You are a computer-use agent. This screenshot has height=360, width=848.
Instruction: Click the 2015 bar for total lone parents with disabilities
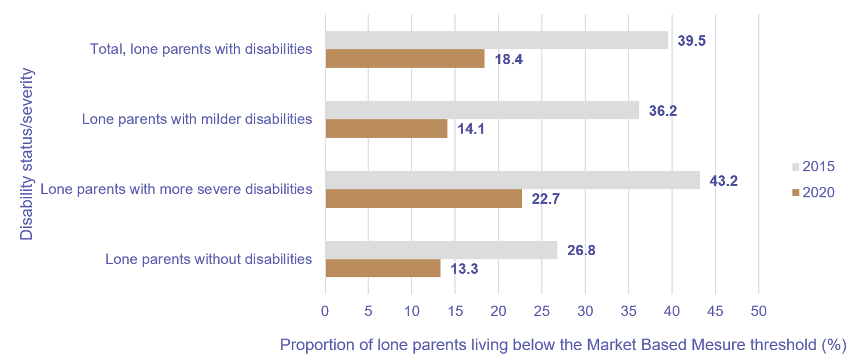coord(496,41)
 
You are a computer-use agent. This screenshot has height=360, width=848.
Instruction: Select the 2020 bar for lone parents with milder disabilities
coord(386,128)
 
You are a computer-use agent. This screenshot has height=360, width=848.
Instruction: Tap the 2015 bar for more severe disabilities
coord(512,180)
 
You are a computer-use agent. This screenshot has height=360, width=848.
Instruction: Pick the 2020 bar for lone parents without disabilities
coord(383,269)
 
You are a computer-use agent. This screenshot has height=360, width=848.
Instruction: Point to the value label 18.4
coord(509,59)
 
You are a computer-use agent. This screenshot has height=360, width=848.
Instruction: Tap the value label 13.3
coord(465,269)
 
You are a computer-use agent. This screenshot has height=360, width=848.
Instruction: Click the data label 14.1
coord(471,129)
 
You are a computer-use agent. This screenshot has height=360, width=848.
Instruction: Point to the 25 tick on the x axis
coord(541,311)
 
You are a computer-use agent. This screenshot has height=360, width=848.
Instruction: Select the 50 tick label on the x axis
coord(758,311)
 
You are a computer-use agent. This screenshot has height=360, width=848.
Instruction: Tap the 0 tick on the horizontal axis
coord(325,311)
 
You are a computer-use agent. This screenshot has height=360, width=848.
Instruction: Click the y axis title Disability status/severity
coord(27,155)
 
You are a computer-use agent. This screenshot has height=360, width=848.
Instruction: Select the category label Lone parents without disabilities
coord(208,259)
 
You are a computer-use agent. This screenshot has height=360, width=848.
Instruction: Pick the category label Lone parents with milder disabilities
coord(197,119)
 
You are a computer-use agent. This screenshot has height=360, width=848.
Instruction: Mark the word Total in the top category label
coord(107,49)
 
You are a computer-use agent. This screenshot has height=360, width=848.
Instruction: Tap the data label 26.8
coord(581,251)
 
